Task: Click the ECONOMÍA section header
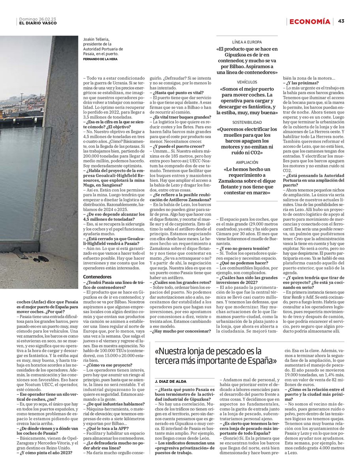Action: pyautogui.click(x=309, y=21)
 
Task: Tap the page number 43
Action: pyautogui.click(x=341, y=21)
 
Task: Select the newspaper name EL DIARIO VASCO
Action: pyautogui.click(x=37, y=23)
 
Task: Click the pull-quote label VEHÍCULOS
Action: pyautogui.click(x=247, y=82)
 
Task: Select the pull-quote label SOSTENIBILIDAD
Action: pyautogui.click(x=247, y=123)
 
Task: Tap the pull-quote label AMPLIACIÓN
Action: pyautogui.click(x=247, y=162)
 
